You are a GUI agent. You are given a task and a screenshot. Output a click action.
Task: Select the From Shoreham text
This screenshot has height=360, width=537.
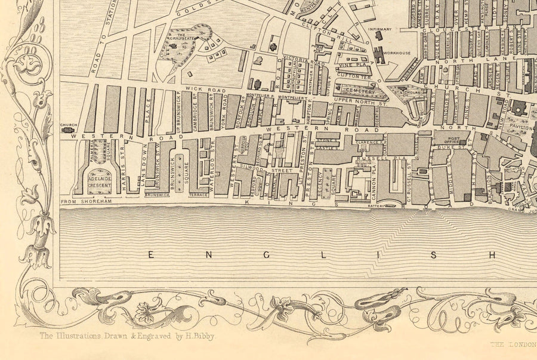tap(82, 202)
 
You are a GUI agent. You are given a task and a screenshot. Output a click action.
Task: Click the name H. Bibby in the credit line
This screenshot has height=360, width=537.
tap(199, 336)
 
